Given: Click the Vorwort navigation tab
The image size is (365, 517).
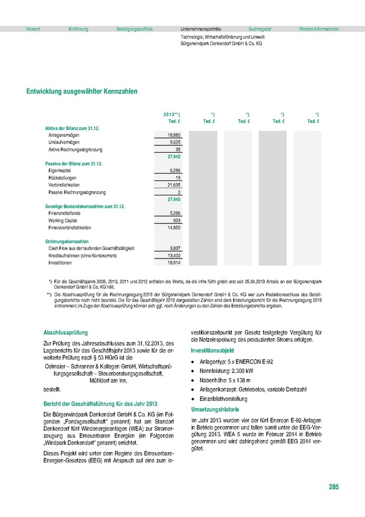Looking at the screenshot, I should tap(33, 29).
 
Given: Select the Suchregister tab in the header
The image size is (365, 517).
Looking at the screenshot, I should tap(260, 29).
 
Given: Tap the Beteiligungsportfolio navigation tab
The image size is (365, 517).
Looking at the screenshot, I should tap(134, 29).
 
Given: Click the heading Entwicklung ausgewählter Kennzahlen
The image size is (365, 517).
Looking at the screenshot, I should tap(81, 91).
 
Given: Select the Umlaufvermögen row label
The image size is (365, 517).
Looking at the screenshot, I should tap(64, 142).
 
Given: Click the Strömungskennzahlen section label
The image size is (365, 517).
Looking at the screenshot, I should tap(67, 241).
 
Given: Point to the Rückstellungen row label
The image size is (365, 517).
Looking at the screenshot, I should tap(63, 178).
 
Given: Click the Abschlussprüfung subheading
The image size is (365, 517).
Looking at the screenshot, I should tap(65, 333).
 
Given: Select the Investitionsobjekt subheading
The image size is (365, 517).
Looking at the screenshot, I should tap(213, 350).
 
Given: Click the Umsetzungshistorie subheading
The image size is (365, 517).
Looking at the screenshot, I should tap(215, 410).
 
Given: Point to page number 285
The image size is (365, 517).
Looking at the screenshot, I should tap(334, 487).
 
